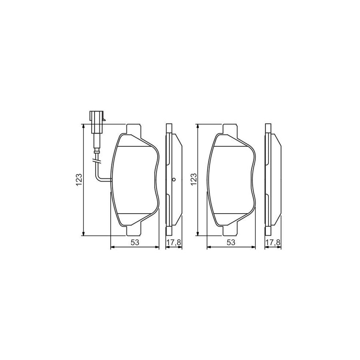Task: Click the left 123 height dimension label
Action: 79,180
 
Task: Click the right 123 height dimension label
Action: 194,180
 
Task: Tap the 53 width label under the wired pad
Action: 134,242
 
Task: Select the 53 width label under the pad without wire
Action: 231,242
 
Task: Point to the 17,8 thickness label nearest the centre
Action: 174,242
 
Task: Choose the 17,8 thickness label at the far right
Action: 273,242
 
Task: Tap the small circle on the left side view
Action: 174,180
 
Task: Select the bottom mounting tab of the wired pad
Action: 134,230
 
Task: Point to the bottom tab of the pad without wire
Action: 231,230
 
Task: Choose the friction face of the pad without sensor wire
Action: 231,180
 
